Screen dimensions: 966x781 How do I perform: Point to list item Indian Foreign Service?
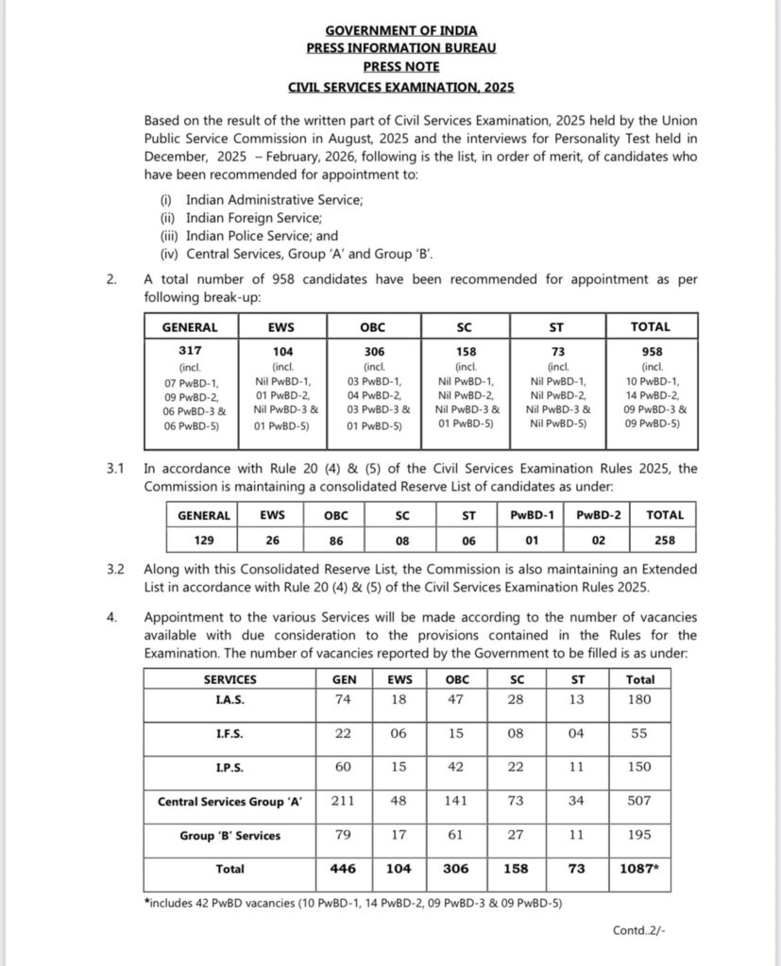[x=241, y=217]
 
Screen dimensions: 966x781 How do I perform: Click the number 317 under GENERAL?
[x=190, y=348]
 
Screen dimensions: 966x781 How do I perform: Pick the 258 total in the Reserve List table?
[x=664, y=541]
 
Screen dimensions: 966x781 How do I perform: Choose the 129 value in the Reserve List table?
[x=203, y=541]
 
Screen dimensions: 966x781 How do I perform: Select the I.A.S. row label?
[x=229, y=699]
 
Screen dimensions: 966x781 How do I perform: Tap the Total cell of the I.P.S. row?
[x=640, y=767]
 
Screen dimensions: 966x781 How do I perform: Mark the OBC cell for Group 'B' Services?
[x=455, y=835]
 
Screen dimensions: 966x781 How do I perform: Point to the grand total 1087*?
[x=640, y=869]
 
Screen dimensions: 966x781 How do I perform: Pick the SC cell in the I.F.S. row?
[x=516, y=733]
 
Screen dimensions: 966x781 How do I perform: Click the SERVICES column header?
[x=229, y=678]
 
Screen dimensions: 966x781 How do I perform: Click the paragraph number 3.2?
[x=115, y=571]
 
